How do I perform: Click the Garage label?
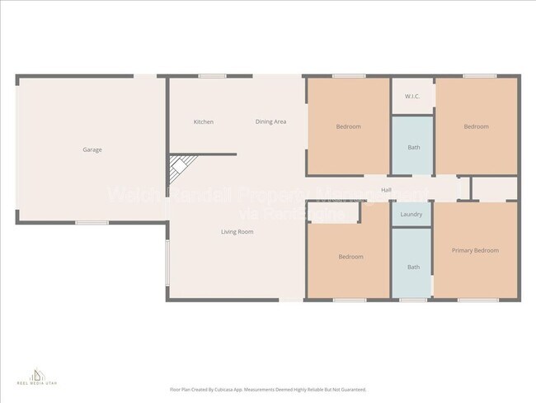[x=92, y=149]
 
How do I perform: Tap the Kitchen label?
[x=204, y=122]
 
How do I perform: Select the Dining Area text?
[x=270, y=122]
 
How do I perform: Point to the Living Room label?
[x=237, y=232]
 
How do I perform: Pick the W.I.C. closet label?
[x=412, y=97]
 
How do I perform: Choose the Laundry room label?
[x=411, y=215]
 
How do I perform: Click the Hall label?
[x=386, y=190]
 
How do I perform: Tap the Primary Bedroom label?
[x=475, y=250]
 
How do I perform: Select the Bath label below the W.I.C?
[x=412, y=148]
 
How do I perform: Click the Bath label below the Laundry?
[x=412, y=267]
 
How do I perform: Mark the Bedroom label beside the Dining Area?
[x=348, y=126]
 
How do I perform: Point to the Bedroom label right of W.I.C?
[x=476, y=126]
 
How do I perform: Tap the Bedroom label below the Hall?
[x=350, y=257]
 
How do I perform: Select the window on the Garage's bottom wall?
[x=92, y=222]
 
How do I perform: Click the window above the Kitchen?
[x=212, y=77]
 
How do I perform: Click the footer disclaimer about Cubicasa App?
[x=268, y=389]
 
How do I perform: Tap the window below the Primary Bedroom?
[x=472, y=299]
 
